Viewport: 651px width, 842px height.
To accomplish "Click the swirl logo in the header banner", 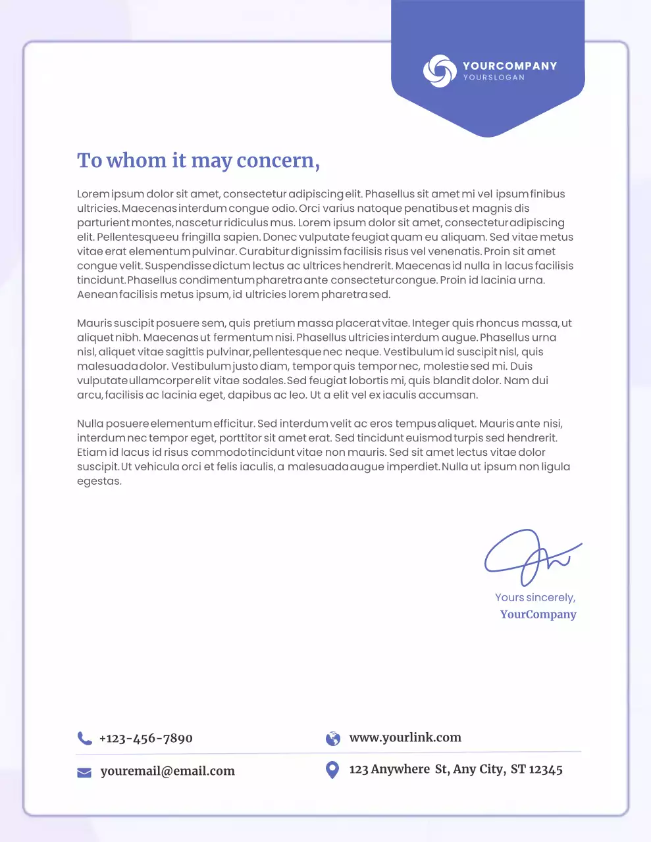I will pyautogui.click(x=440, y=71).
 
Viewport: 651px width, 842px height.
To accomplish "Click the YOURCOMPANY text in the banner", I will pyautogui.click(x=509, y=66).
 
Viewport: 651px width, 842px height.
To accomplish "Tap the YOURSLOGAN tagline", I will pyautogui.click(x=494, y=78).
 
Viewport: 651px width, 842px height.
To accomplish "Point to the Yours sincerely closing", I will pyautogui.click(x=535, y=597).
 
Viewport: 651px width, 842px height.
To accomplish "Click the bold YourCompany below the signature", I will pyautogui.click(x=538, y=614).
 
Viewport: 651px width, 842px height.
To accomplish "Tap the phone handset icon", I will pyautogui.click(x=84, y=738).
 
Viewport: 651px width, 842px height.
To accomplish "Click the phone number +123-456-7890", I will pyautogui.click(x=145, y=738).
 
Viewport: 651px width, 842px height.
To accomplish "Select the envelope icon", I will pyautogui.click(x=84, y=772).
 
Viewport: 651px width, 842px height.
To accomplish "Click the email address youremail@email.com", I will pyautogui.click(x=167, y=771).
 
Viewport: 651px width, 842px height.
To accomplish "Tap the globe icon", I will pyautogui.click(x=333, y=738).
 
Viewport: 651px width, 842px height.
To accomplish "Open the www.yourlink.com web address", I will pyautogui.click(x=405, y=737).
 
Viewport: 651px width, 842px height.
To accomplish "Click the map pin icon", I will pyautogui.click(x=332, y=769).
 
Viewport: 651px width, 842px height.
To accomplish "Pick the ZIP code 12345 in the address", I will pyautogui.click(x=546, y=769).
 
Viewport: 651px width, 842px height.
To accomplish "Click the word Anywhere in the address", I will pyautogui.click(x=400, y=769).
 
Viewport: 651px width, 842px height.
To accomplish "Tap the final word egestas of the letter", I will pyautogui.click(x=99, y=482).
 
